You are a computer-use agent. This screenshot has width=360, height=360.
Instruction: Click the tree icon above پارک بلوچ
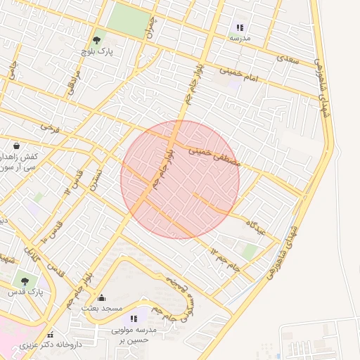pyautogui.click(x=96, y=41)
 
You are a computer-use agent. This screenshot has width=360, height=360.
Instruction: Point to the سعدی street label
pyautogui.click(x=289, y=60)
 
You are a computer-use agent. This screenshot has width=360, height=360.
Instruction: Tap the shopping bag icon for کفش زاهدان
pyautogui.click(x=16, y=146)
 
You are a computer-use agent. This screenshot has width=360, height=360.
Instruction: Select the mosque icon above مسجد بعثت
pyautogui.click(x=101, y=297)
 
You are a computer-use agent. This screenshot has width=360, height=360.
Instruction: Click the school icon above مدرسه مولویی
pyautogui.click(x=134, y=319)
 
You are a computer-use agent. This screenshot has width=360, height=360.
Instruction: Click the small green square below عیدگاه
pyautogui.click(x=250, y=251)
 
